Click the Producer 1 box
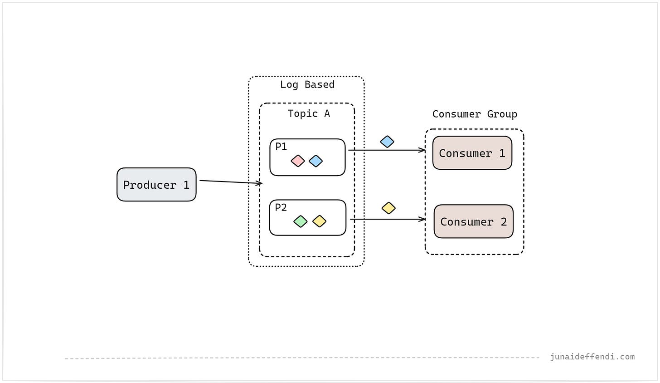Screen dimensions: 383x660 [156, 185]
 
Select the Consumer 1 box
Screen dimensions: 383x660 [472, 153]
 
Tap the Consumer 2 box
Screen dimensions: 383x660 [473, 221]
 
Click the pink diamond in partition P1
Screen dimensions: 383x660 [298, 161]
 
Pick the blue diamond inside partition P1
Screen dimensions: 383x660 [315, 161]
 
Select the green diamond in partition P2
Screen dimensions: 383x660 [301, 221]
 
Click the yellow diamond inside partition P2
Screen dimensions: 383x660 [320, 221]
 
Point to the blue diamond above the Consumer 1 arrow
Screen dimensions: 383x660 [387, 142]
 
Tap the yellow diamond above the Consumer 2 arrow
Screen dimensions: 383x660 [388, 208]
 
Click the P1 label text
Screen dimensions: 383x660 [281, 146]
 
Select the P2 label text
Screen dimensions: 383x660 [281, 207]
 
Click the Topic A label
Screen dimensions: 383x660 [309, 113]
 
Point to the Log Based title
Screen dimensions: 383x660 [307, 84]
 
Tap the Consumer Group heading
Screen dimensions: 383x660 [475, 114]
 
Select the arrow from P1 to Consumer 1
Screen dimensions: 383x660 [386, 150]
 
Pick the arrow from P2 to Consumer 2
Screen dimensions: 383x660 [387, 219]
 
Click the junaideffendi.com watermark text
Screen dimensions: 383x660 [592, 357]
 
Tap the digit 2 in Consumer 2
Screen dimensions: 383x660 [504, 222]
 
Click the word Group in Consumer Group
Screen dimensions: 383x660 [502, 114]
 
